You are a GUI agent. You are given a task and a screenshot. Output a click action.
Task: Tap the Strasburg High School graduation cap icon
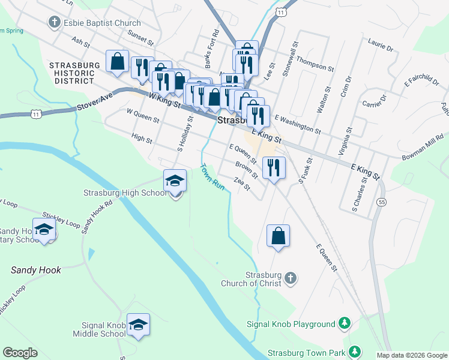pos(175,180)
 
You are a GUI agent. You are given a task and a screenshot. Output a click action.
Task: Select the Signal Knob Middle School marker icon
pos(138,325)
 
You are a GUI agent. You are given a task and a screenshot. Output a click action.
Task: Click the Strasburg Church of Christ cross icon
pos(290,278)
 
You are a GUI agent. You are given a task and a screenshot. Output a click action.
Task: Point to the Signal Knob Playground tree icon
pos(345,324)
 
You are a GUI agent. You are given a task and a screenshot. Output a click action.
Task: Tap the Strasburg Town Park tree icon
pos(355,351)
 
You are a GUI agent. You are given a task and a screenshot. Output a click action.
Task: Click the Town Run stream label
pos(212,177)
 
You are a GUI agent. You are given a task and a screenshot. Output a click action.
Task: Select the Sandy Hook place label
pos(36,271)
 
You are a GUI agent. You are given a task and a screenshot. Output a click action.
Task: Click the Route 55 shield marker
pos(382,202)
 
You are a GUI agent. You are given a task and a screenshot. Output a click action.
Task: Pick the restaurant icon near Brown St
pos(274,167)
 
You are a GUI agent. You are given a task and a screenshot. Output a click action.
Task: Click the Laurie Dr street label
pos(380,45)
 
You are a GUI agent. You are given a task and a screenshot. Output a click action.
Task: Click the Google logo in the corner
pos(20,353)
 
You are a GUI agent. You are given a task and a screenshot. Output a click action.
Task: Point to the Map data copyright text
pos(411,355)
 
